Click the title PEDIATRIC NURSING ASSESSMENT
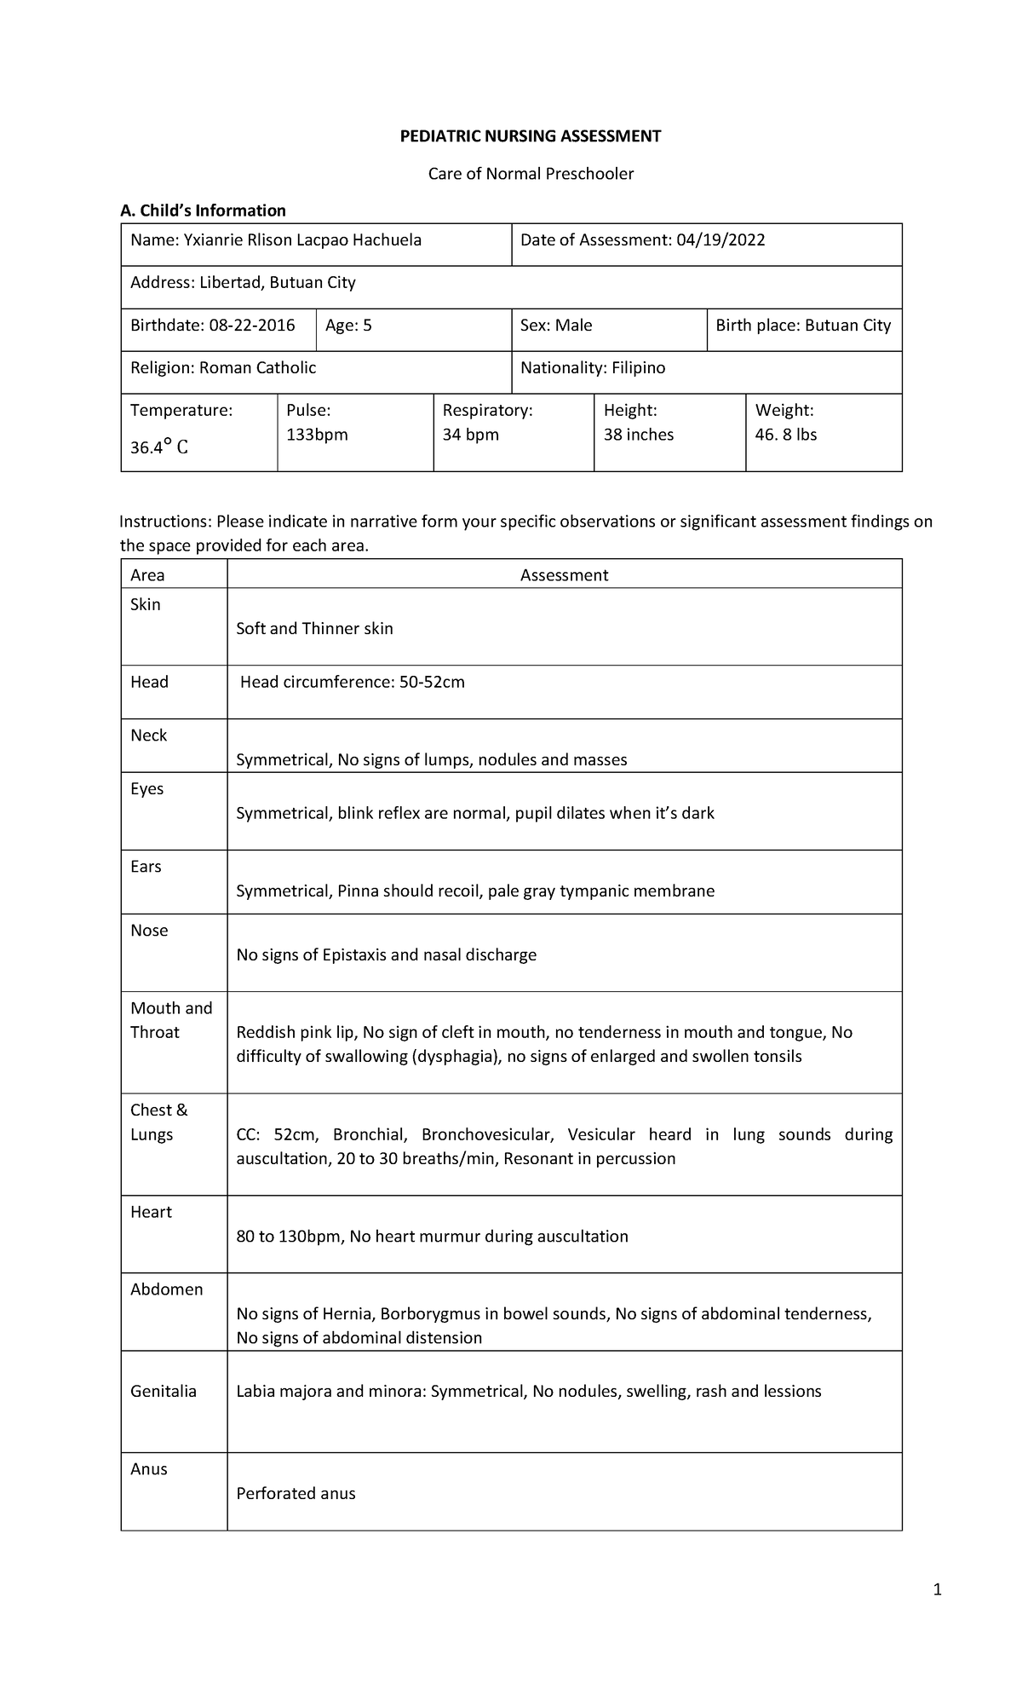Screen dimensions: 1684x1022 [x=531, y=136]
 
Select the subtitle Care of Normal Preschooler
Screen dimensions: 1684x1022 [x=531, y=174]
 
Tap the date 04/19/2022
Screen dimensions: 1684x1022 [x=721, y=240]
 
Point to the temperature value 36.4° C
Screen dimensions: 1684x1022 [x=159, y=446]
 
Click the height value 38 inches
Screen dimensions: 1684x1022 [x=638, y=435]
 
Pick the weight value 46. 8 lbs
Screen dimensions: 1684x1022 [x=785, y=435]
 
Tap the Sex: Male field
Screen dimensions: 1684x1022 [x=556, y=326]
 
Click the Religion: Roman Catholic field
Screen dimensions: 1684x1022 [x=223, y=368]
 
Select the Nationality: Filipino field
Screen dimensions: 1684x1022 [x=593, y=368]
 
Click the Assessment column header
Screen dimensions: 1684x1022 [x=564, y=575]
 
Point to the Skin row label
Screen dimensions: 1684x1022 [x=146, y=604]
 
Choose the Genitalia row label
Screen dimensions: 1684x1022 [x=164, y=1391]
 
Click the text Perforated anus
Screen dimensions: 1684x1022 [x=296, y=1493]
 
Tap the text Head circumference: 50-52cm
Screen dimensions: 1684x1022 [x=352, y=682]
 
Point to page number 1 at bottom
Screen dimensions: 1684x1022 [x=937, y=1589]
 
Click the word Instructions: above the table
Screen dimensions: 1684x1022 [x=165, y=522]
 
